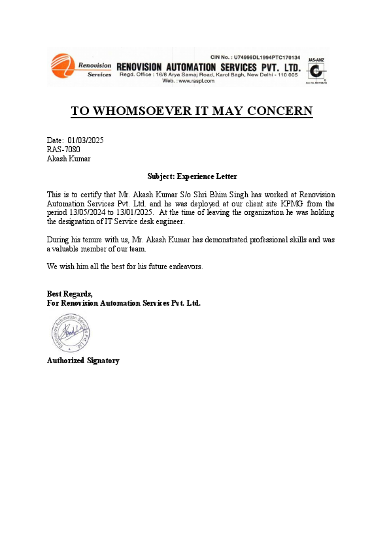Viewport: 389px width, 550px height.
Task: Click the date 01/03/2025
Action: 85,140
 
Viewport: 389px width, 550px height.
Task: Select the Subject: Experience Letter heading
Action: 192,176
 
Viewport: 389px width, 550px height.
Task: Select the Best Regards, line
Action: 70,293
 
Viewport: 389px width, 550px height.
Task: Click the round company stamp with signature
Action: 71,333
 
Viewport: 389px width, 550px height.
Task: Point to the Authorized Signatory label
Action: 83,361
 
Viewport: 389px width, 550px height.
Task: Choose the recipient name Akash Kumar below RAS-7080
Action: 69,158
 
